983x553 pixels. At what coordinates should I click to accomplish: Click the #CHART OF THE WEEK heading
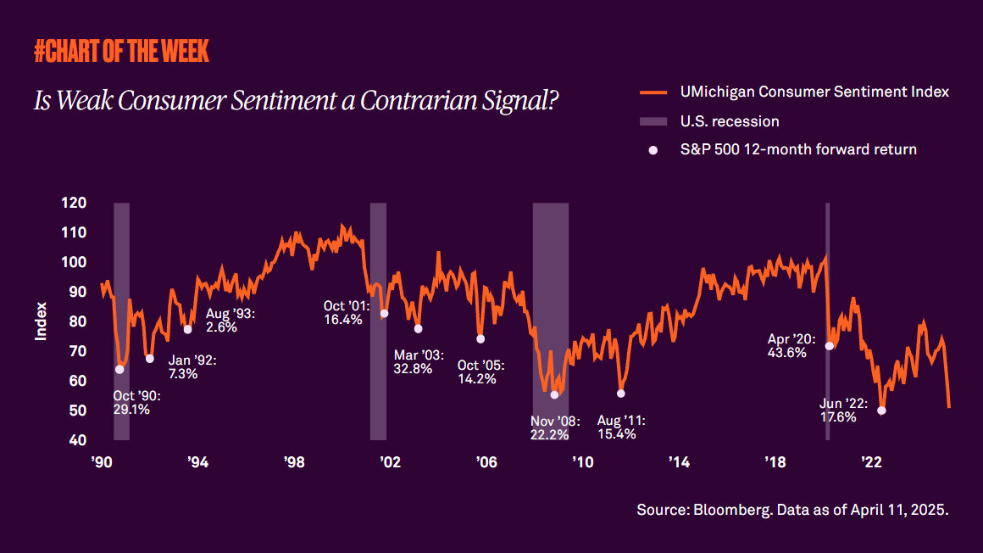coord(121,52)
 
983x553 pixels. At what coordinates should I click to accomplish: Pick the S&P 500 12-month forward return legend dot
coord(653,150)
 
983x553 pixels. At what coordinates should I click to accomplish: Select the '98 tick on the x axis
coord(294,462)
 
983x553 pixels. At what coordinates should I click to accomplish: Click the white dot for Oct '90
coord(119,369)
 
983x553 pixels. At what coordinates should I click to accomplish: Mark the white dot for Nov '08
coord(554,394)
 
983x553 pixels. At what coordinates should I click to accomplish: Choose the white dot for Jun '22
coord(882,411)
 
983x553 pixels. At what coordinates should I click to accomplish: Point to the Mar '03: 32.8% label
coord(414,361)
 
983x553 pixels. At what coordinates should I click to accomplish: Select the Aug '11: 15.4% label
coord(622,427)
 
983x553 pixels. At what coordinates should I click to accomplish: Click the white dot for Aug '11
coord(621,393)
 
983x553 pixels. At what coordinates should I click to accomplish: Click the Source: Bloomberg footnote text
coord(791,511)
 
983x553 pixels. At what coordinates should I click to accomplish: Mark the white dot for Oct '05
coord(480,338)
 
